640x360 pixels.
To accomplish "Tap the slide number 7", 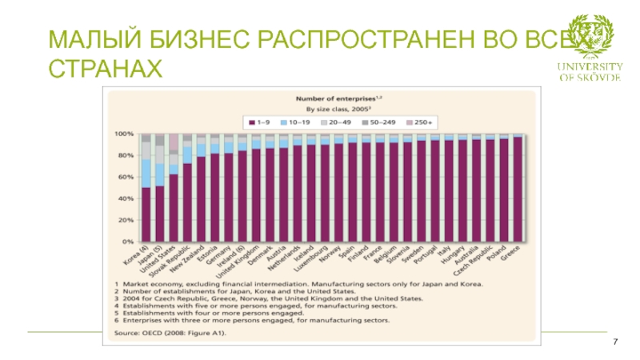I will pos(615,342).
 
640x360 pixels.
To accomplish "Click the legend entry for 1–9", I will pos(261,122).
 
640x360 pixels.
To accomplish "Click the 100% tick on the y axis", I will pos(125,134).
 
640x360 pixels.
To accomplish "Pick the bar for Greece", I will pos(518,189).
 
